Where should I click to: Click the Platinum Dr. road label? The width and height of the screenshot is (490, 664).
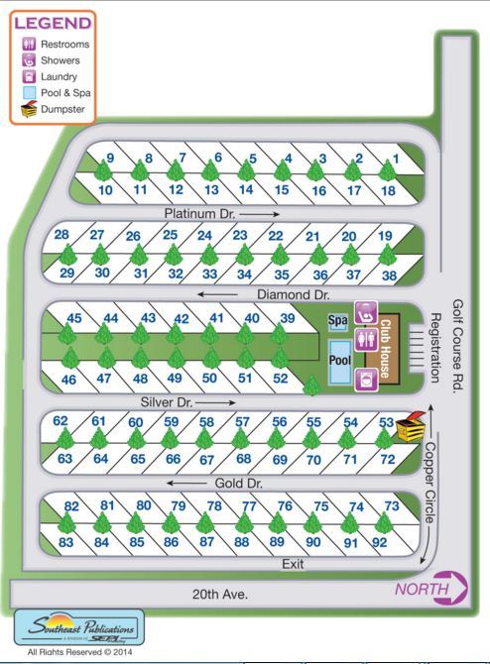tap(199, 213)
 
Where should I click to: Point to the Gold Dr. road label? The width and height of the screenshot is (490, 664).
tap(237, 483)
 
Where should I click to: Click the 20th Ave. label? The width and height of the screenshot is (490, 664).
tap(219, 594)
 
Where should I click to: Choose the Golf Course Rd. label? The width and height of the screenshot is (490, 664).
tap(458, 346)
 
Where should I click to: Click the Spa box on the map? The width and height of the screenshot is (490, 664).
tap(338, 320)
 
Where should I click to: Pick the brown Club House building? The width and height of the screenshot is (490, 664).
tap(388, 347)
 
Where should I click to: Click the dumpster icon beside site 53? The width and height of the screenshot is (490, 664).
tap(411, 427)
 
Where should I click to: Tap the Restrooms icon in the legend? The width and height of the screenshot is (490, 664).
tap(30, 45)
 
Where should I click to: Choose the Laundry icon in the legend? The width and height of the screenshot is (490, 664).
tap(30, 76)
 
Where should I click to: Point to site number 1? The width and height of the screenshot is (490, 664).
tap(395, 159)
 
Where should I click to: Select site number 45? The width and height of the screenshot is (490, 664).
tap(73, 318)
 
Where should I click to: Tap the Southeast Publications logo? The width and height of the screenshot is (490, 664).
tap(78, 628)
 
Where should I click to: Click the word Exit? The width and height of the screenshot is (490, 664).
tap(292, 563)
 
